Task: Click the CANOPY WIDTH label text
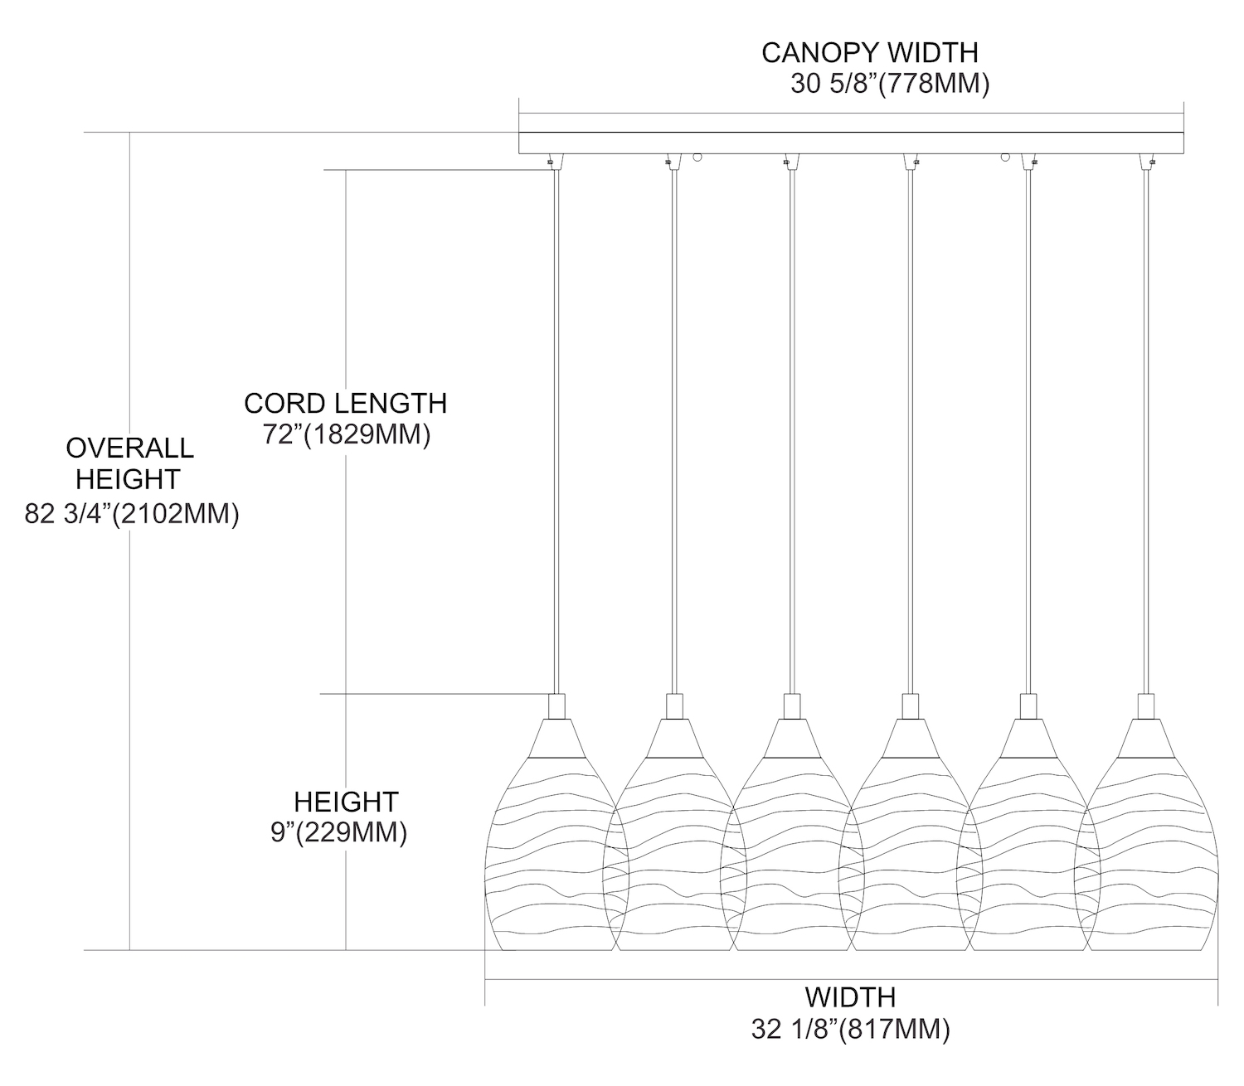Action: tap(869, 53)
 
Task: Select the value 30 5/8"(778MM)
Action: tap(889, 85)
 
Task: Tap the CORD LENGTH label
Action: tap(345, 404)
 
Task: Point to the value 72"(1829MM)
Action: tap(347, 435)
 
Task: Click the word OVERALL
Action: tap(129, 448)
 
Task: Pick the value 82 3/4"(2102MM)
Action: tap(132, 515)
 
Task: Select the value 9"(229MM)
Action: tap(338, 833)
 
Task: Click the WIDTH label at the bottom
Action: tap(850, 996)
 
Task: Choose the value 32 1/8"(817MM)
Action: tap(850, 1030)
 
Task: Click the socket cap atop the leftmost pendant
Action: tap(557, 706)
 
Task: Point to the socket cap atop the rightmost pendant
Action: tap(1147, 706)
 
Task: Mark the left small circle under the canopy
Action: tap(697, 156)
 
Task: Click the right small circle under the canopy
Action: tap(1005, 156)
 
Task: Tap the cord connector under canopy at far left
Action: tap(552, 161)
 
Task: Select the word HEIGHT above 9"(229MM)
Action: tap(346, 802)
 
